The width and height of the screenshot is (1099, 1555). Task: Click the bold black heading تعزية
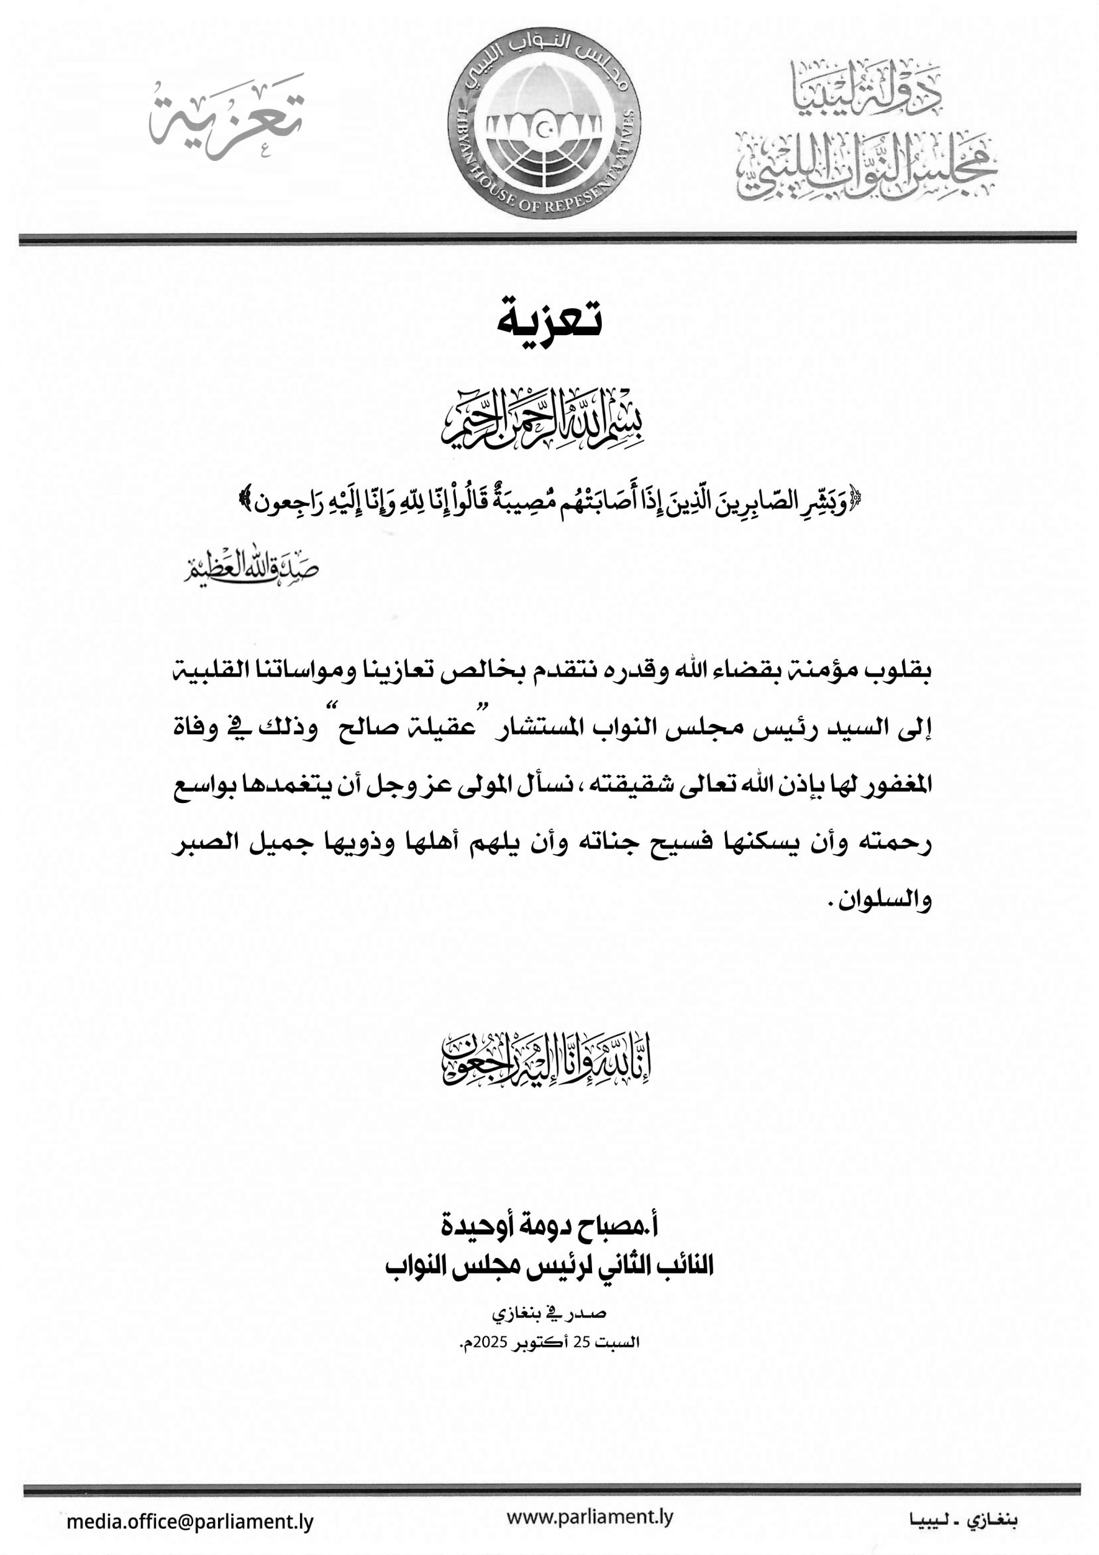click(549, 318)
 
